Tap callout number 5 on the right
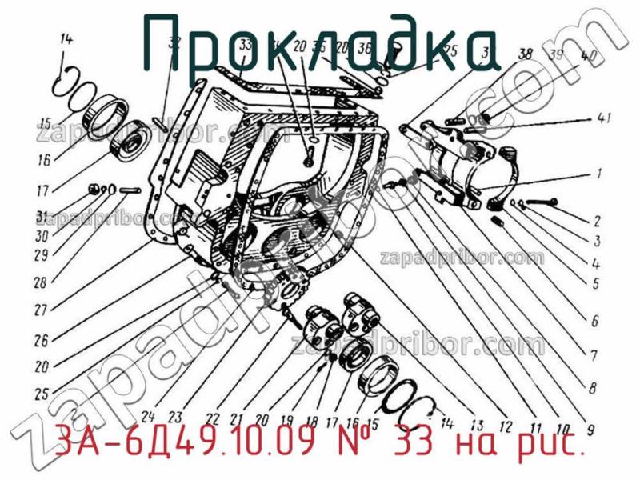point(596,282)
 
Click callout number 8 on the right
point(592,390)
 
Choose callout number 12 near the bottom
point(505,417)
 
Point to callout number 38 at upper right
point(525,54)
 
